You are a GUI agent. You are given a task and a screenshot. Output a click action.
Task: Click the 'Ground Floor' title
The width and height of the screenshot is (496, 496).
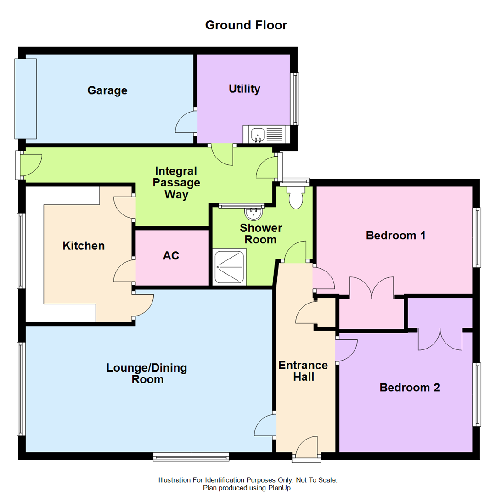[x=246, y=25]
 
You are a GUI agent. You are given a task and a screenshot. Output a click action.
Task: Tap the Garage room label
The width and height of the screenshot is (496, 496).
[x=107, y=90]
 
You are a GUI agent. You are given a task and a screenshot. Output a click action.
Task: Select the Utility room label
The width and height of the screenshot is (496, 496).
[x=244, y=89]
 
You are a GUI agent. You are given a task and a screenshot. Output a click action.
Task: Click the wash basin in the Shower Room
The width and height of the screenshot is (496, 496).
[x=253, y=214]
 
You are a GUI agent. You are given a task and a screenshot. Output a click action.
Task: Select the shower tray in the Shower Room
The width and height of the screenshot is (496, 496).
[x=229, y=267]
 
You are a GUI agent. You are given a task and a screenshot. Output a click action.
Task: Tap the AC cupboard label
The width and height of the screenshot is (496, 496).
[x=171, y=256]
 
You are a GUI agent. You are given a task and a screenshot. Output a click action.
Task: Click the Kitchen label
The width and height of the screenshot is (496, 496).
[x=84, y=246]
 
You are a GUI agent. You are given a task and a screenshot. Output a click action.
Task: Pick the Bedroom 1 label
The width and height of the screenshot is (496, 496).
[x=395, y=236]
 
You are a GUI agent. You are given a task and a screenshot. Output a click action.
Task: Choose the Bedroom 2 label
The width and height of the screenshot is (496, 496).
[x=410, y=388]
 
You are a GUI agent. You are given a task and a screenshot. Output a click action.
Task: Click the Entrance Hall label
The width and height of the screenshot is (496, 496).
[x=303, y=371]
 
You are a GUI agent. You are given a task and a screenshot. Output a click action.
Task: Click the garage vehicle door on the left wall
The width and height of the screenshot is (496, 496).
[x=25, y=99]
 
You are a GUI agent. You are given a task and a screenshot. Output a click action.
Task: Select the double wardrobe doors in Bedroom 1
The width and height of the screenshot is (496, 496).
[x=372, y=288]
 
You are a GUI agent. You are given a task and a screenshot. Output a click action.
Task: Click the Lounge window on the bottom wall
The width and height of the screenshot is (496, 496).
[x=191, y=456]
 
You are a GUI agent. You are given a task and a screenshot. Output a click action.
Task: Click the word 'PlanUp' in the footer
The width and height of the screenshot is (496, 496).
[x=279, y=488]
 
